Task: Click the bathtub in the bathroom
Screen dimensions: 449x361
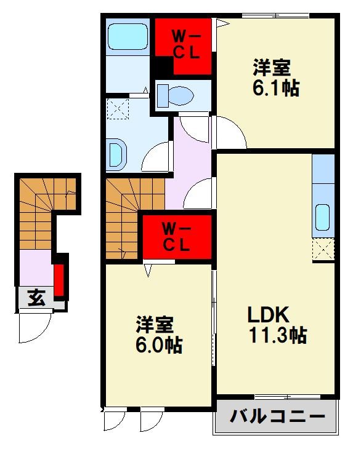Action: point(128,38)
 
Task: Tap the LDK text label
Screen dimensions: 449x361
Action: point(268,315)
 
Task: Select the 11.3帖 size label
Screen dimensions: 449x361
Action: point(278,336)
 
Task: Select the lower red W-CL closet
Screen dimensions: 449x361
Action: point(177,236)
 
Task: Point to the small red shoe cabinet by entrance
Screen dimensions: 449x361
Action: point(59,280)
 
